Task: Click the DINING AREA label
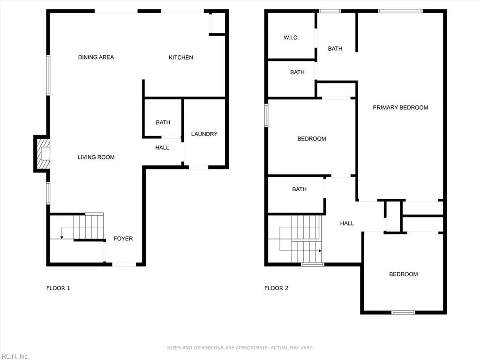coord(96,57)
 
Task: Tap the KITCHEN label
coord(181,58)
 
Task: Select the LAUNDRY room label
coord(204,134)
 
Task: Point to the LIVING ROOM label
coord(96,157)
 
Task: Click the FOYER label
coord(123,239)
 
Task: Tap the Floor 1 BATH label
coord(163,122)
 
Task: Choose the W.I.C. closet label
coord(291,37)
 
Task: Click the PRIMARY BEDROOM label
coord(400,107)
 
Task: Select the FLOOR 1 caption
coord(58,288)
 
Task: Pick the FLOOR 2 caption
coord(277,288)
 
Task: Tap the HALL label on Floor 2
coord(347,224)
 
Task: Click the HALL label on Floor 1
coord(162,148)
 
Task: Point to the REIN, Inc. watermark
coord(15,356)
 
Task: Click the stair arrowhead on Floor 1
coord(61,237)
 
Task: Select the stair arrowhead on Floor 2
coord(320,251)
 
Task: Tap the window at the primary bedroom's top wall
coord(400,11)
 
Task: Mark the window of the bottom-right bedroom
coord(403,312)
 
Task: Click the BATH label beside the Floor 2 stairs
coord(300,189)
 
